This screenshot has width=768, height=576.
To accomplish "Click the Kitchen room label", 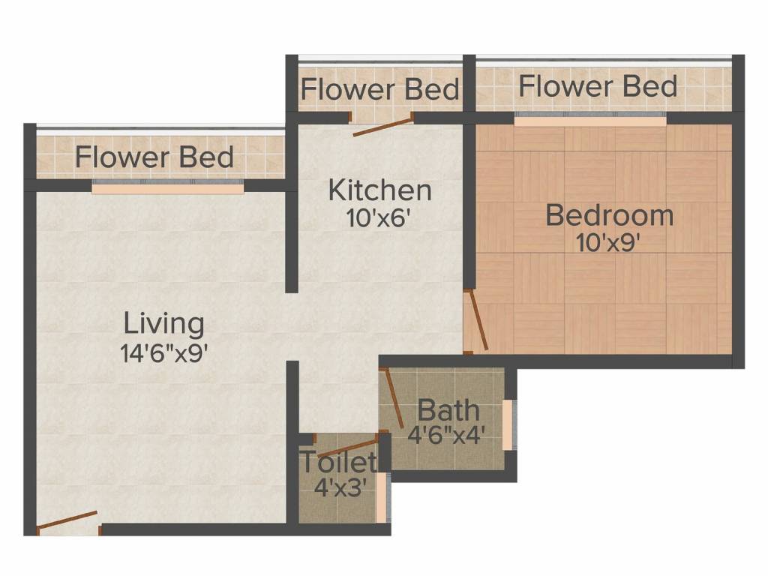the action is coord(380,190).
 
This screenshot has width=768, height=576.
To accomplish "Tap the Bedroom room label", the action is coord(610,215).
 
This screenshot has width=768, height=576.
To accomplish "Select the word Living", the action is coord(164,324).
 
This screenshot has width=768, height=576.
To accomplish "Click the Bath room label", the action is coord(448,410).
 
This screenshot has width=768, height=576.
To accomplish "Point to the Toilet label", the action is coord(338,461).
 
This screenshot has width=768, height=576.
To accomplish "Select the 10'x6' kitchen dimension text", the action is coord(377,218).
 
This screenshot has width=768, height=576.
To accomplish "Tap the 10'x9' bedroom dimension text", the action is coord(609,242).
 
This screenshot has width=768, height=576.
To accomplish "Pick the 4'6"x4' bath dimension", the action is coord(446,434).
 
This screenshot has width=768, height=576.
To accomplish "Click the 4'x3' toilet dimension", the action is coord(340,487).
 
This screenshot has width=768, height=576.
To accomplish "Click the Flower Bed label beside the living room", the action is coord(154,157).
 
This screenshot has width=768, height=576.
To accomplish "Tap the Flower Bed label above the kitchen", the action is coord(380,89).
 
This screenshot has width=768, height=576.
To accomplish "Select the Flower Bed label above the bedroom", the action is coord(598,86).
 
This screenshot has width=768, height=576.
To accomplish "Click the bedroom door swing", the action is coord(478,320).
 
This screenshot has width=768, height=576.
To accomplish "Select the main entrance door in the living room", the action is coord(67,520).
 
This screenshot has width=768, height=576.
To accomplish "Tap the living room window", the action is coord(168,187).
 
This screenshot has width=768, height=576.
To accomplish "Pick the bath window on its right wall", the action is coord(508,424).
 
